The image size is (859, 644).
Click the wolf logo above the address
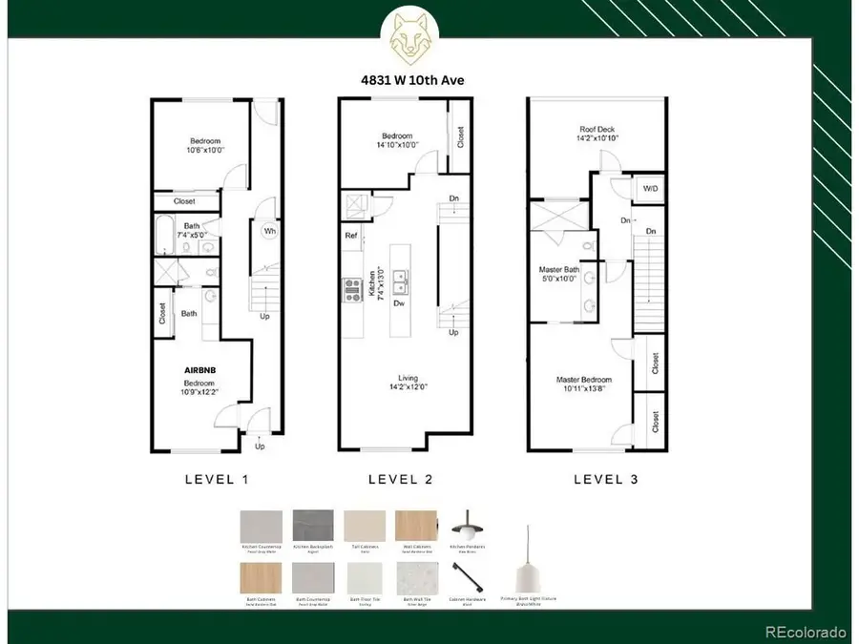click(409, 35)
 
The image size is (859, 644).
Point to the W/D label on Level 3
click(651, 188)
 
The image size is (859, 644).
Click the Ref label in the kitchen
click(351, 234)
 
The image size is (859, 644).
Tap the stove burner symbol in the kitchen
click(349, 287)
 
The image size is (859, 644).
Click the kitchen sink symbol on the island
click(400, 280)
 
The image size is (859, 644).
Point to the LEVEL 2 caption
click(400, 480)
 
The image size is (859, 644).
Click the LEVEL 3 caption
click(604, 480)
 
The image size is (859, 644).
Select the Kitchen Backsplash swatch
click(313, 526)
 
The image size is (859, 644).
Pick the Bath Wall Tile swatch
click(417, 576)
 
